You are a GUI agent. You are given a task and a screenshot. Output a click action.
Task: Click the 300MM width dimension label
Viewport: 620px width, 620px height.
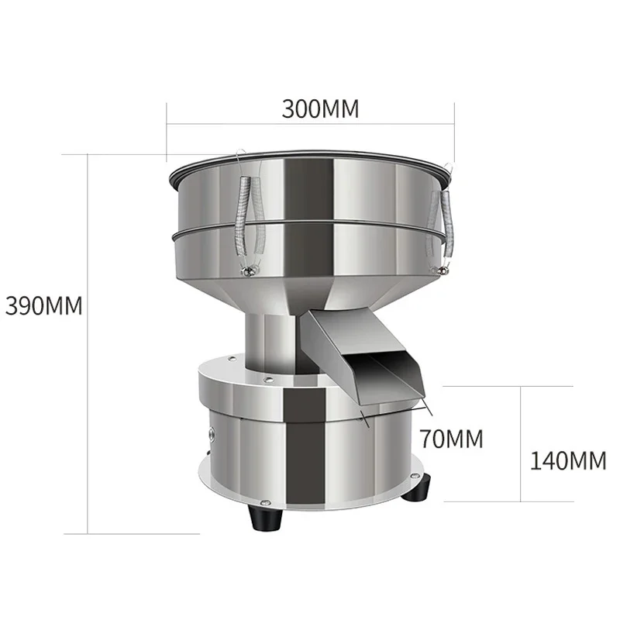[320, 108]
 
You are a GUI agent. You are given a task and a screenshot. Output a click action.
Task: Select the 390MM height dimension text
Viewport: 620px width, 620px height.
[43, 305]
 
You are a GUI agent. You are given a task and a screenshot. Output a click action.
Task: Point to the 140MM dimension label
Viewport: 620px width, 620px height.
[568, 460]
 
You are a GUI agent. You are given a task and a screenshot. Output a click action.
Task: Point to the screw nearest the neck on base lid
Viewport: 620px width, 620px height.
[267, 379]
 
